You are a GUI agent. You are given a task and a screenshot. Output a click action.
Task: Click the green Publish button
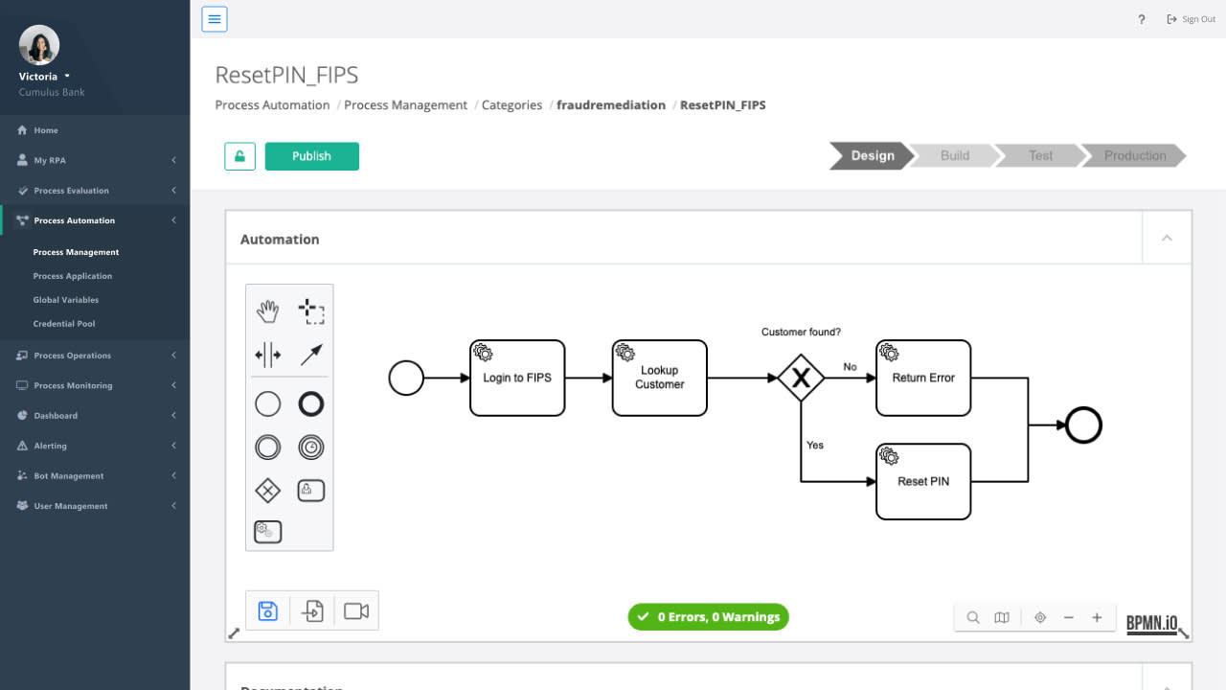tap(311, 156)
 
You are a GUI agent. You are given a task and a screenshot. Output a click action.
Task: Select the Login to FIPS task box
tap(517, 378)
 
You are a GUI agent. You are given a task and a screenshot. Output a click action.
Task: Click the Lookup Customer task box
tap(659, 378)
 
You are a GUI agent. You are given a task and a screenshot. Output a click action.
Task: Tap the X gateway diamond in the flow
tap(801, 378)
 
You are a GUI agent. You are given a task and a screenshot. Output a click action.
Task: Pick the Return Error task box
tap(923, 378)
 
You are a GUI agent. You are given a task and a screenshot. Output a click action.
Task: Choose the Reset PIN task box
tap(923, 481)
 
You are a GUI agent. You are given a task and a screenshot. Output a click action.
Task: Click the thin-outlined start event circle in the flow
tap(406, 378)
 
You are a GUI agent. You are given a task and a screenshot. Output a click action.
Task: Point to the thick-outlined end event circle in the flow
tap(1083, 425)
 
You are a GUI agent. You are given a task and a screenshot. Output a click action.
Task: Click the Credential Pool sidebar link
tap(64, 324)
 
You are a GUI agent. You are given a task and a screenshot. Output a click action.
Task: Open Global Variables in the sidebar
tap(66, 300)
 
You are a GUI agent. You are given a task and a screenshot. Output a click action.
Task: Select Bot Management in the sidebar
tap(69, 476)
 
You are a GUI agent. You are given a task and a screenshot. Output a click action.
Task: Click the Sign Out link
tap(1192, 19)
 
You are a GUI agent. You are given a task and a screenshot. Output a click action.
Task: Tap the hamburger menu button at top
tap(215, 19)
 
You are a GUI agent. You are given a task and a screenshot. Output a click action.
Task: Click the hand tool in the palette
tap(267, 310)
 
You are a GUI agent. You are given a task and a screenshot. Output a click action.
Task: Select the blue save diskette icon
tap(268, 610)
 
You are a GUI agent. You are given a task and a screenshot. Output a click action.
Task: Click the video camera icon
tap(356, 610)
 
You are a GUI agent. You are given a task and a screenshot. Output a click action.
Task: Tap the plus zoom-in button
tap(1097, 618)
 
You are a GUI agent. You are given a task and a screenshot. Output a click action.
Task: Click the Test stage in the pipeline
tap(1040, 156)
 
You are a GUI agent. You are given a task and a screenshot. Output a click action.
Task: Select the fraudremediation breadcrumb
tap(611, 105)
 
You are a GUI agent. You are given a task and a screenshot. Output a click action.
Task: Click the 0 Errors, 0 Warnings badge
tap(708, 617)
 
